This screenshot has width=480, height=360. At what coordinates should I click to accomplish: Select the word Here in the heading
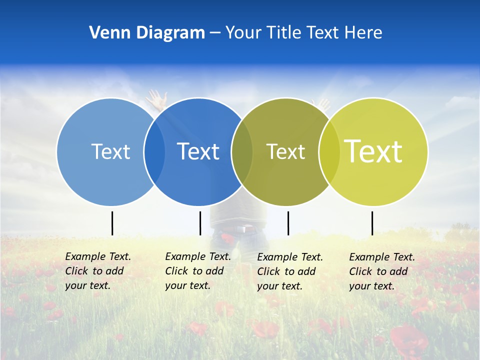point(363,33)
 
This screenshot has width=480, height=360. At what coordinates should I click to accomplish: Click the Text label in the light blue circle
point(110,151)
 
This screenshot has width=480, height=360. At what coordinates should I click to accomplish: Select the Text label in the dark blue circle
point(198,151)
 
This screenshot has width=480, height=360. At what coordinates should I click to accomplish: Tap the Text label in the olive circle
point(285,151)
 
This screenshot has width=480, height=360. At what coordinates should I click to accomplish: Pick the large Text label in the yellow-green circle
point(373,151)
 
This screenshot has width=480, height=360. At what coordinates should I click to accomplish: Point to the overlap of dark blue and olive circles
point(242,151)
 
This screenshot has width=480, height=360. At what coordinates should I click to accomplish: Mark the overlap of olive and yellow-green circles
point(329,151)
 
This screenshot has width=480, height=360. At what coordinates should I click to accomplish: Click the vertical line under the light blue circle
point(112,223)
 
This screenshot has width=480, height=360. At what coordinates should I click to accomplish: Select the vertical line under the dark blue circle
point(200,223)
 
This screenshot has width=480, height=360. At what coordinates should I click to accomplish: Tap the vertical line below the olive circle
point(288,223)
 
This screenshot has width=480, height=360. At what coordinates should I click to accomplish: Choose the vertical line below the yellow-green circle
point(372,223)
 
